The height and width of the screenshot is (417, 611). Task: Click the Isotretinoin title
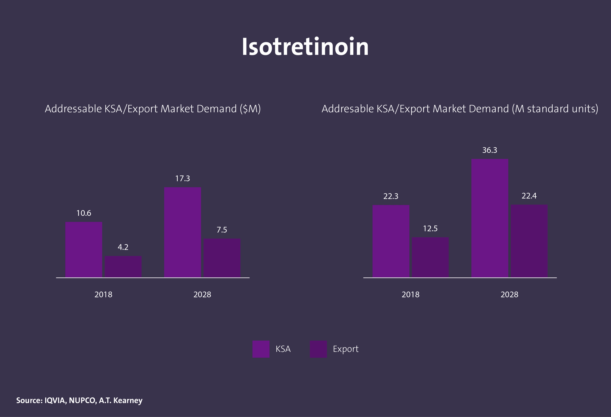coord(305,47)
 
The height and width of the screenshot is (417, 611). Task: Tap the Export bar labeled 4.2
coord(123,267)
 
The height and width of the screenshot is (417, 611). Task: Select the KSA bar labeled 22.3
coord(391,241)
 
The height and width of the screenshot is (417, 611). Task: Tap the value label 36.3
coord(490,150)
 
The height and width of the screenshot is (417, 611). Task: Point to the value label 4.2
coord(123,247)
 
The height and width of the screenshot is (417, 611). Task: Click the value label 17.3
coord(183,179)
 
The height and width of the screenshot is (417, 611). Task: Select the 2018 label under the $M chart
coord(103,294)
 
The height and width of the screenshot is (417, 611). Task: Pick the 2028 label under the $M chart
coord(202,294)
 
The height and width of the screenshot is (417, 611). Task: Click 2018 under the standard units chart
coord(410,294)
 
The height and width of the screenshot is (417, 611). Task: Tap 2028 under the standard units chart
coord(509,294)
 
